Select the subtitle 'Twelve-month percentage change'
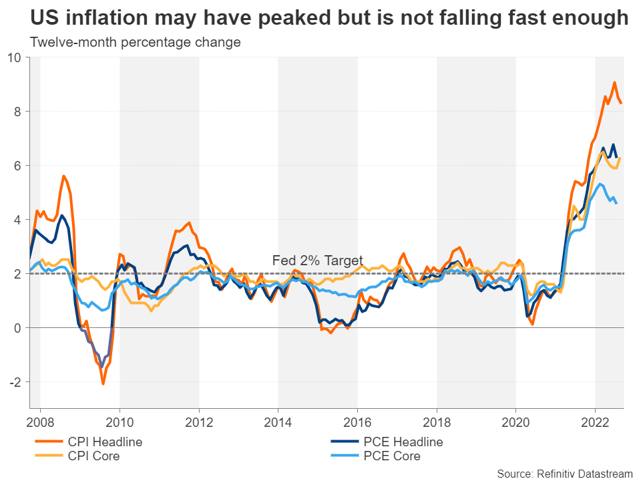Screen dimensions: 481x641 pos(135,43)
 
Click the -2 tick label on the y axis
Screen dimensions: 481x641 pos(17,382)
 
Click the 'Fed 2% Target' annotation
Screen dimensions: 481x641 pos(318,261)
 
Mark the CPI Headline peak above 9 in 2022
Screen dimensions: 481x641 pos(614,83)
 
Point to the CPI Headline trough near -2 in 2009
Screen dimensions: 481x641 pos(103,383)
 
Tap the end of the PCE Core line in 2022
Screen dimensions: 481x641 pos(616,203)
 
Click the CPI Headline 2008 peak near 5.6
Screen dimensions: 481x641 pos(63,176)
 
